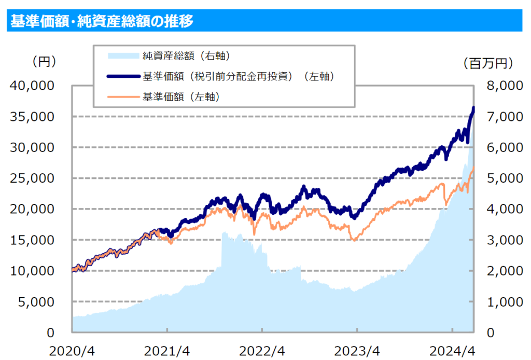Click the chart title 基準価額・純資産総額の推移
coord(102,21)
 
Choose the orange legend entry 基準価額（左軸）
coord(179,96)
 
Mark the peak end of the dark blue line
coord(473,108)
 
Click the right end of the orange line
coord(473,168)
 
